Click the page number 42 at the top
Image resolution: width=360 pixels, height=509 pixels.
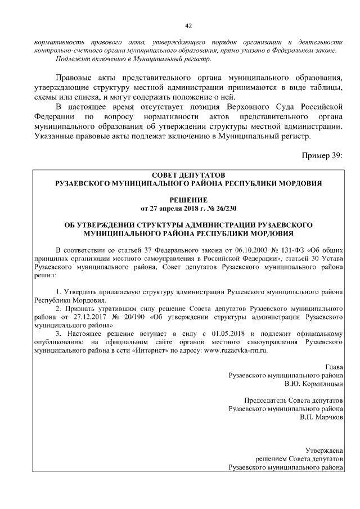coord(188,25)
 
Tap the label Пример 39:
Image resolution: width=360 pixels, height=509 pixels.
coord(322,155)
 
